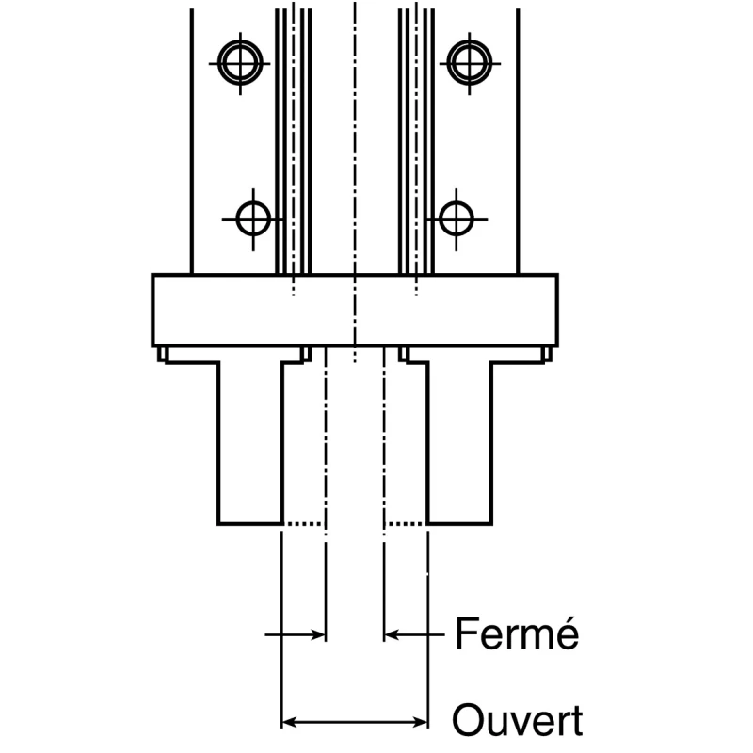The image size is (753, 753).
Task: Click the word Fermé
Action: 517,633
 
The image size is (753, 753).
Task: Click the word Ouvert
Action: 518,720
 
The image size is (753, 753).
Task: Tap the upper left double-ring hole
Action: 240,63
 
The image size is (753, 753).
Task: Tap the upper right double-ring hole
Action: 469,63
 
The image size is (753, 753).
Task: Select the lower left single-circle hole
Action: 253,219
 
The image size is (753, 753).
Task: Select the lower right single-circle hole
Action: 457,219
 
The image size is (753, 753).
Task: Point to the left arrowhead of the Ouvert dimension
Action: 289,722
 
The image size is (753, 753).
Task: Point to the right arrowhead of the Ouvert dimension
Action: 421,722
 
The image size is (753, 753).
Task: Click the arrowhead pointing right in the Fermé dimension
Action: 318,634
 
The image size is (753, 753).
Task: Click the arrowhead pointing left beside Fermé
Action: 392,634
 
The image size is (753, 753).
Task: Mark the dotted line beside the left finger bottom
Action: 303,523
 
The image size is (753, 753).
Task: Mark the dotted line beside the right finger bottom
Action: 407,523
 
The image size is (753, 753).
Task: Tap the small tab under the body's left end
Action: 162,354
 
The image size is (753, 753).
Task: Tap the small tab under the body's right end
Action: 548,354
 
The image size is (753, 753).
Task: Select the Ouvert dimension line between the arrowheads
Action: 355,722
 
